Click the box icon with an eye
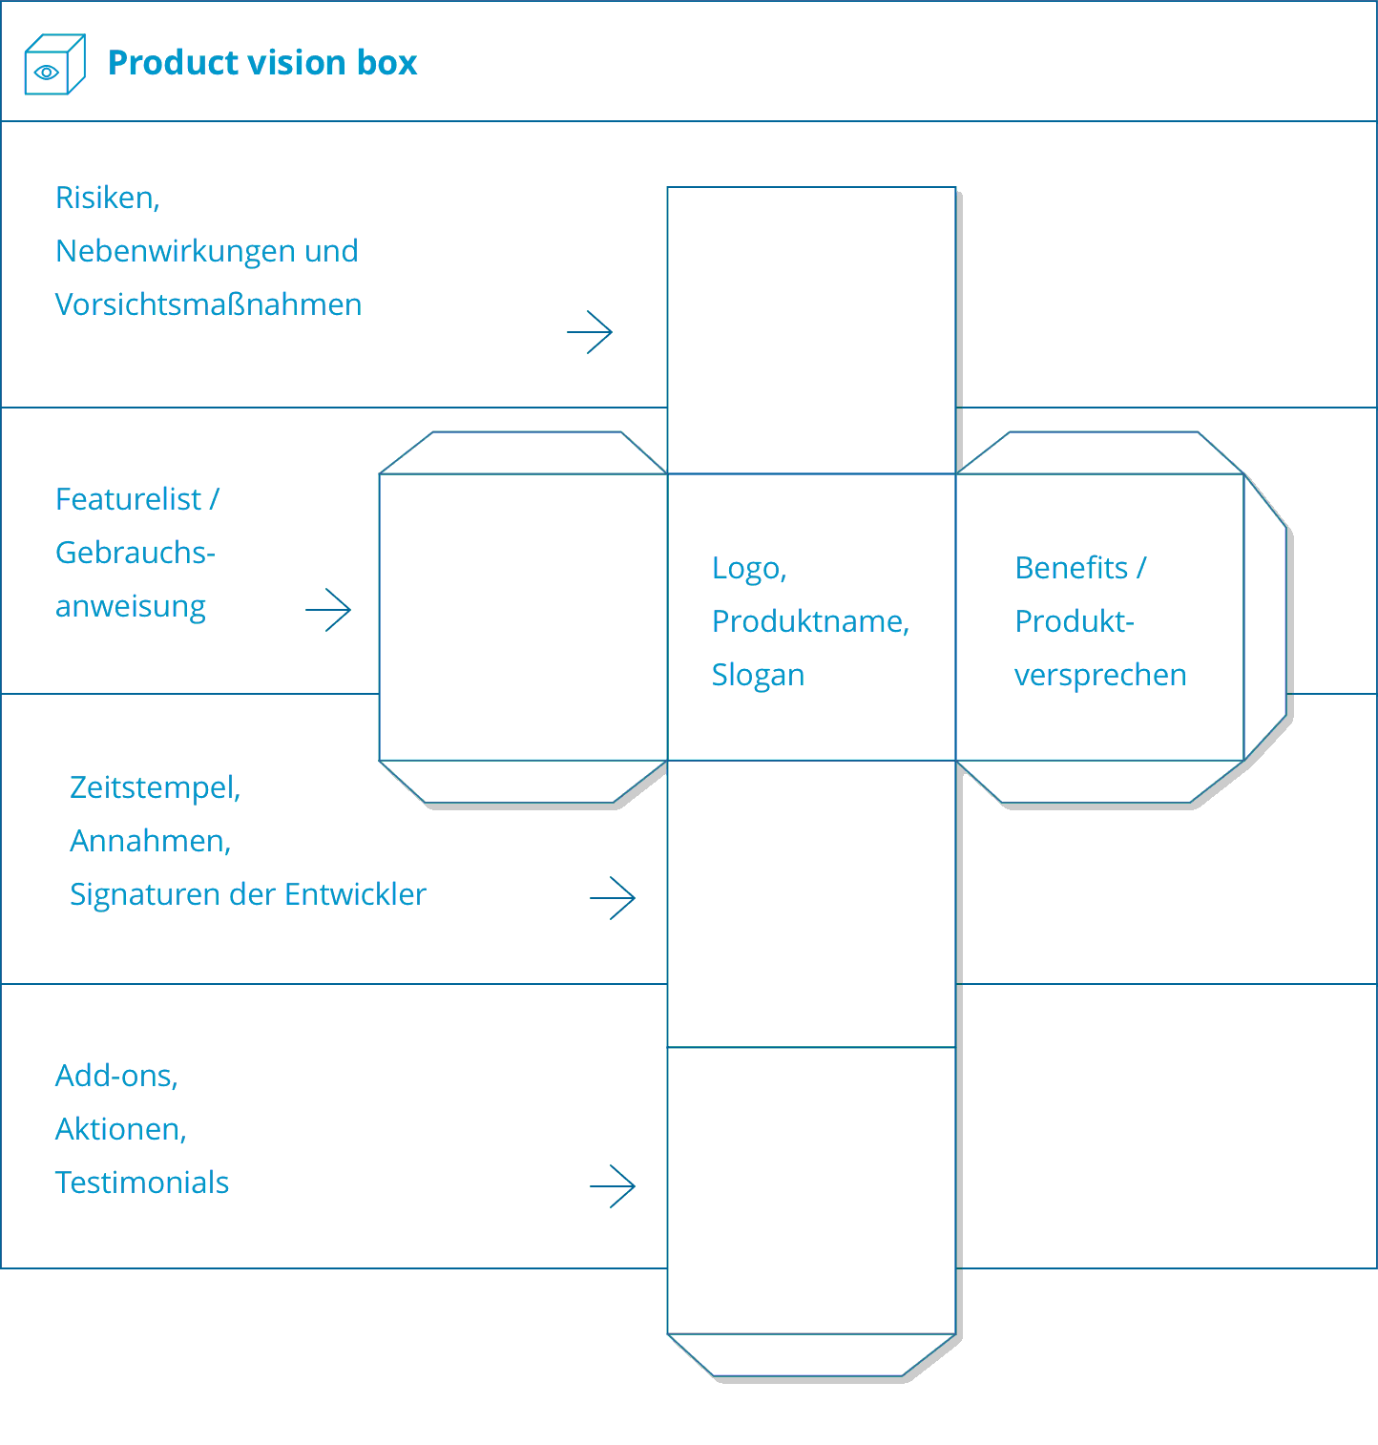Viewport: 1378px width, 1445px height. (54, 64)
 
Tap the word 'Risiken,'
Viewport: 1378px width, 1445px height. (107, 198)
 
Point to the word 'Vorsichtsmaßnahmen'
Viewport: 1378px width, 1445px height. (208, 304)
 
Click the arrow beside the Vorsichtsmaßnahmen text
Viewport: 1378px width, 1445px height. (590, 332)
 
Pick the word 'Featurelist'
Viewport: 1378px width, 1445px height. (128, 499)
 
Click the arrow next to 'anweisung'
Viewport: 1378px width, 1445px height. (328, 610)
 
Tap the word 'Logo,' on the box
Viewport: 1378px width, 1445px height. (749, 568)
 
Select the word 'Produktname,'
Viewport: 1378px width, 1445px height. (810, 621)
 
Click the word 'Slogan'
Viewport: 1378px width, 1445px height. (758, 675)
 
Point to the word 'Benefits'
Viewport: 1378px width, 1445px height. (1071, 568)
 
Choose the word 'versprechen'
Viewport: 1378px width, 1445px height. (1100, 675)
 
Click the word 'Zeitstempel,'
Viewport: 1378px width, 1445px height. (155, 787)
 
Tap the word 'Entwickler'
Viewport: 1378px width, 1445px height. (355, 894)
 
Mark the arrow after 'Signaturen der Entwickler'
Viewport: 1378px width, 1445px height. (613, 898)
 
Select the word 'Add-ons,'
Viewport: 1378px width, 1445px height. (116, 1076)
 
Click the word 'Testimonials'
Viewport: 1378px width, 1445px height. (142, 1183)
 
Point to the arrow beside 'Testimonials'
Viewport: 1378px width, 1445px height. (613, 1186)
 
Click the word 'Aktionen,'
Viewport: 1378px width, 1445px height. (120, 1129)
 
